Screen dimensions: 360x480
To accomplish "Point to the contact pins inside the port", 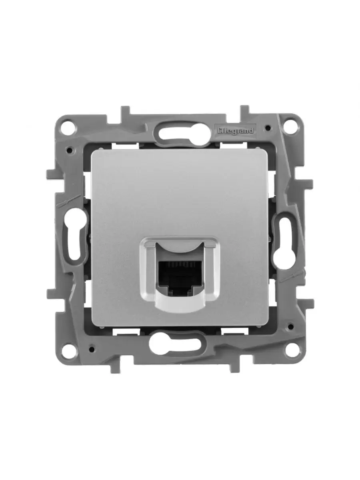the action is click(180, 264).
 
